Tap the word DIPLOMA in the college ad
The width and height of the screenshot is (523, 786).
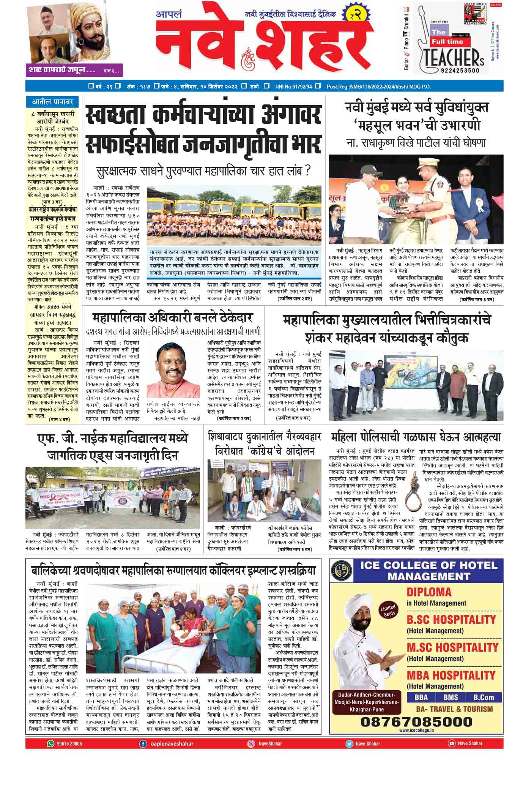(429, 592)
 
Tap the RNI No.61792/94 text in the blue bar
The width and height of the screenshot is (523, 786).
(294, 86)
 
